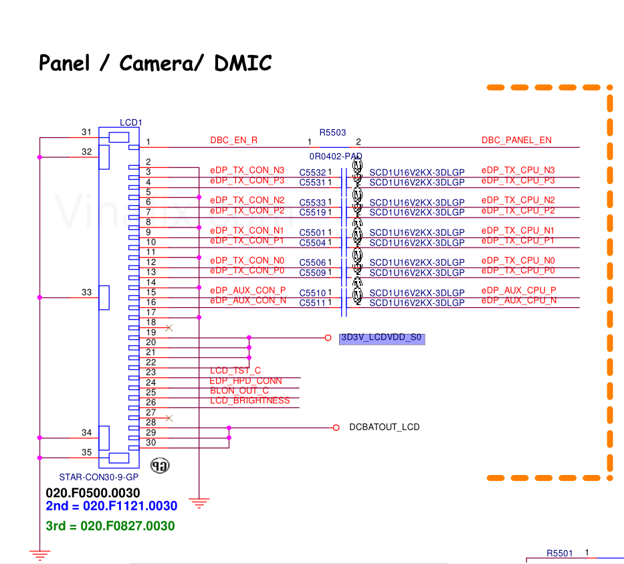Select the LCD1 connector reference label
(x=130, y=122)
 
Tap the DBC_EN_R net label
(x=233, y=140)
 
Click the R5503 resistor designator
(x=332, y=132)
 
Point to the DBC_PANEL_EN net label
(x=516, y=140)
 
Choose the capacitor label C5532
(x=312, y=173)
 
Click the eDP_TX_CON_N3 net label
(x=247, y=171)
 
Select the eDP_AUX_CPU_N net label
(x=518, y=301)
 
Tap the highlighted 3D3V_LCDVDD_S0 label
(x=382, y=338)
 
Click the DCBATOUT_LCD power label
(x=385, y=427)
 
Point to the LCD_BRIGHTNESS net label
(x=250, y=401)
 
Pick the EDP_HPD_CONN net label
(x=245, y=381)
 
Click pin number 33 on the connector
(x=86, y=292)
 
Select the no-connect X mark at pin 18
(x=169, y=328)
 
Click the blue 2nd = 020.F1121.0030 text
(x=111, y=506)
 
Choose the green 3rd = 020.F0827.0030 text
(x=110, y=526)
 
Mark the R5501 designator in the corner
(x=560, y=553)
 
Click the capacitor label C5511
(x=312, y=303)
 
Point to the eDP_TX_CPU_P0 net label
(x=518, y=271)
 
